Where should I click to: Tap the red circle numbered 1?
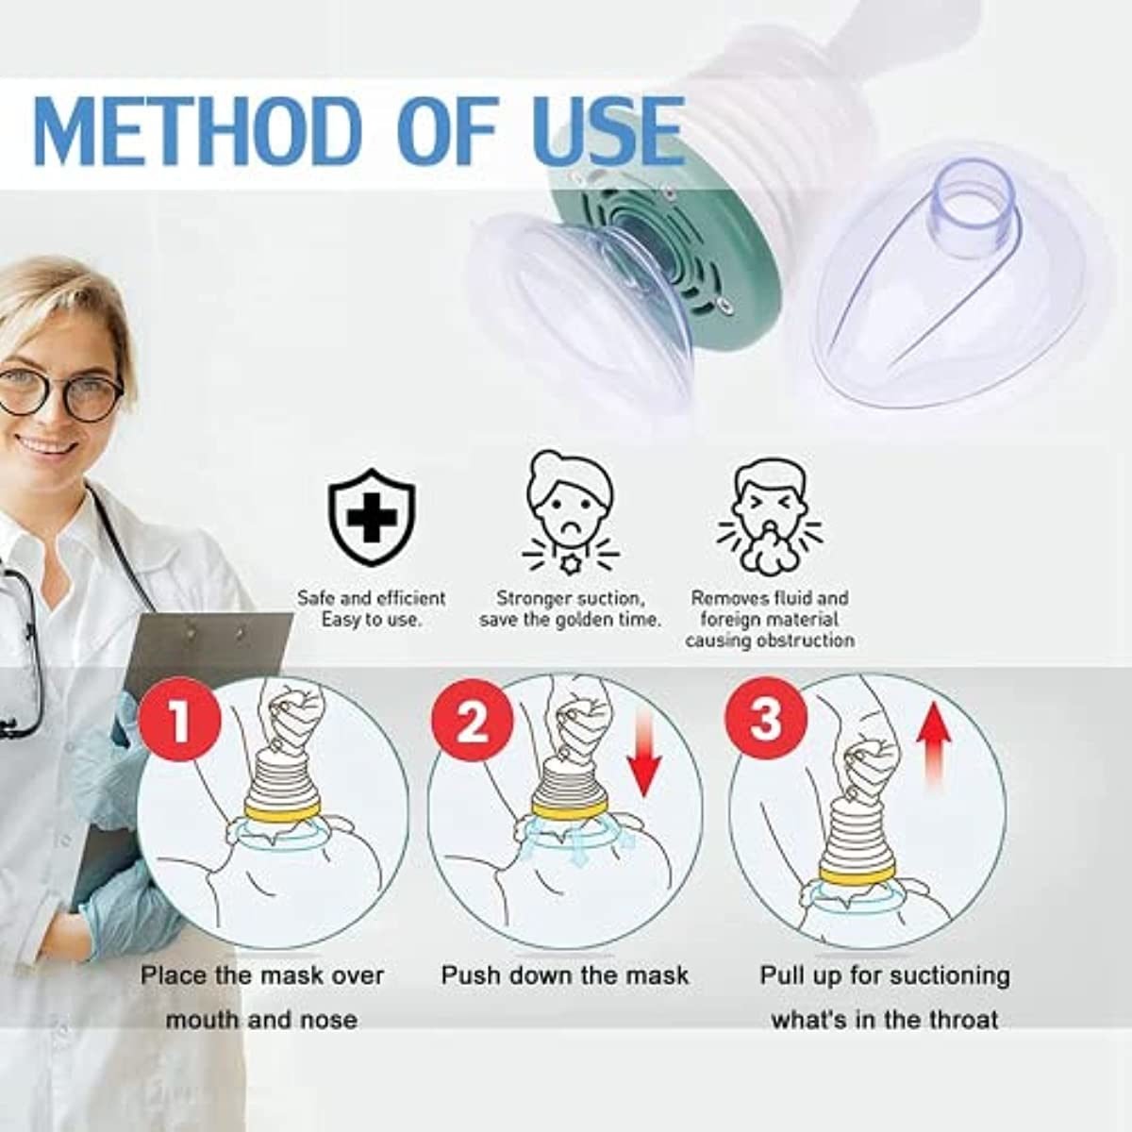coord(180,721)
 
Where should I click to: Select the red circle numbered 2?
coord(473,721)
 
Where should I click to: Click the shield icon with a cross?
coord(372,516)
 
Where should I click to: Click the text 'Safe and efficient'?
coord(372,599)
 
